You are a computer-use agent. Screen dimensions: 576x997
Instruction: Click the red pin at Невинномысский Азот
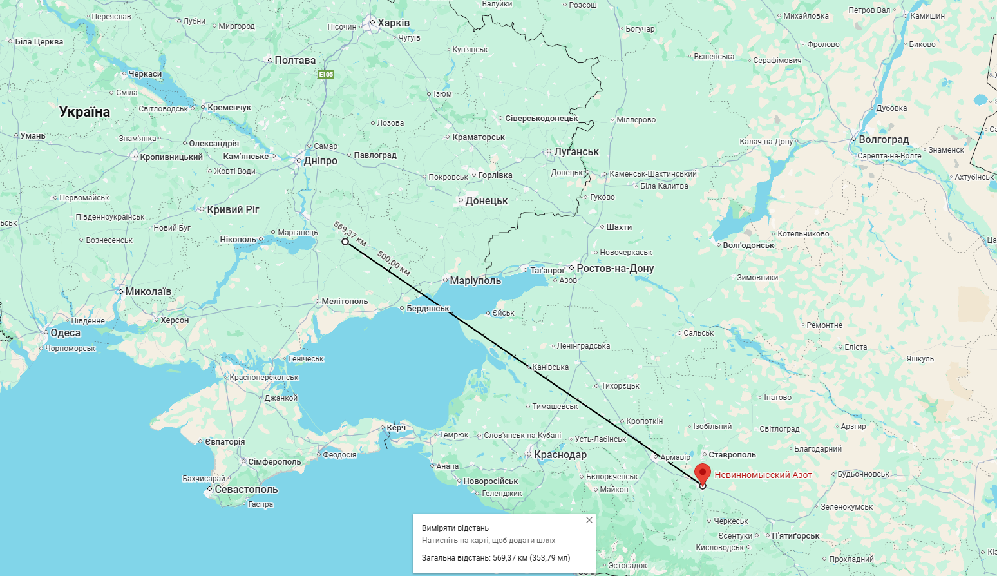[702, 472]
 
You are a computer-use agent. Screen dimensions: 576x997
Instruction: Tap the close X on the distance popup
[589, 520]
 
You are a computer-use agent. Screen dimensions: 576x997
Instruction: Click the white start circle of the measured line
[345, 242]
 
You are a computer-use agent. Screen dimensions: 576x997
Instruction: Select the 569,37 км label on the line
[350, 233]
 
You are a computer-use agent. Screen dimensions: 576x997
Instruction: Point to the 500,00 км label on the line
[394, 263]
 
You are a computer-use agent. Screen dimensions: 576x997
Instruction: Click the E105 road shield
[326, 75]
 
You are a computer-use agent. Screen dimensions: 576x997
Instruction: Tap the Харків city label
[393, 23]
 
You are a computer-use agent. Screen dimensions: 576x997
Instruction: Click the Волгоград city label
[883, 140]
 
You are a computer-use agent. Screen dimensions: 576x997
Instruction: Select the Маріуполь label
[475, 281]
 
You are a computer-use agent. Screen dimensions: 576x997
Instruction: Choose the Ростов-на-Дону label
[615, 269]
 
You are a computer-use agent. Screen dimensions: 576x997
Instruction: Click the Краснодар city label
[560, 455]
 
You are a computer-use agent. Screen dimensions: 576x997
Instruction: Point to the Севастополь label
[246, 490]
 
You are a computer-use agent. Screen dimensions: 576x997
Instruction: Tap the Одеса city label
[65, 333]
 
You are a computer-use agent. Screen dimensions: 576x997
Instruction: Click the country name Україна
[84, 112]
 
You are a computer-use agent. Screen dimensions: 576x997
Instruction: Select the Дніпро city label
[320, 161]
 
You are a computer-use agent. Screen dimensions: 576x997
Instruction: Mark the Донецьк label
[486, 201]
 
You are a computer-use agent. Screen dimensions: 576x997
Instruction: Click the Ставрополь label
[732, 455]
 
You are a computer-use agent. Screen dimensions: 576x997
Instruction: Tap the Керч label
[396, 428]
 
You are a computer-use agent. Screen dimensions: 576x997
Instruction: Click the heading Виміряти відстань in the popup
[455, 528]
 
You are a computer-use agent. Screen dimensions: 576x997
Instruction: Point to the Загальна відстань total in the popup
[496, 558]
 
